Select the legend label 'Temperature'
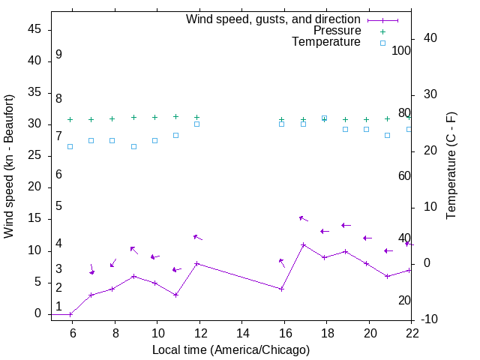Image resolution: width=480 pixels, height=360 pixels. (x=326, y=42)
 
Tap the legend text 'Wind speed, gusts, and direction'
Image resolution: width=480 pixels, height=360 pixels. (x=274, y=19)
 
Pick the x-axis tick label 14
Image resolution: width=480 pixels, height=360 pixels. (x=242, y=333)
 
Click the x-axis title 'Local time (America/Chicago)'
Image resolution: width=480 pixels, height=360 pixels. (x=231, y=349)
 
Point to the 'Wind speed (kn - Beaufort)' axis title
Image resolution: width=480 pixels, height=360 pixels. (x=9, y=166)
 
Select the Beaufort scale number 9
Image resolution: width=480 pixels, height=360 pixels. (x=58, y=55)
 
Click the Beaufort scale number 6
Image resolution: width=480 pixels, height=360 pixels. (x=58, y=174)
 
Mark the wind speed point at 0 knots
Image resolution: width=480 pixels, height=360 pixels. (x=70, y=314)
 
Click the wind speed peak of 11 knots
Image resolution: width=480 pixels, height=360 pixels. (x=303, y=244)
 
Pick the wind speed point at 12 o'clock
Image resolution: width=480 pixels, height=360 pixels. (x=196, y=263)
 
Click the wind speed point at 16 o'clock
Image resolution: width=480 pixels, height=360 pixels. (x=281, y=289)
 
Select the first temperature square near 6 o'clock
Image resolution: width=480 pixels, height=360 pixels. (x=70, y=146)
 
